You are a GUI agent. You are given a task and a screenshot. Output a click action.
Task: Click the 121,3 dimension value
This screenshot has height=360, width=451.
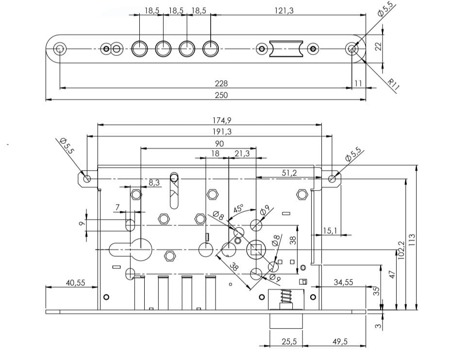[x=284, y=11]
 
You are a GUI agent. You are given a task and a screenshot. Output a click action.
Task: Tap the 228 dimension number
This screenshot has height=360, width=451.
[x=221, y=84]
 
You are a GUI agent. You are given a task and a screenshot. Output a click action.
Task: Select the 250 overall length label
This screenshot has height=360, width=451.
[x=221, y=95]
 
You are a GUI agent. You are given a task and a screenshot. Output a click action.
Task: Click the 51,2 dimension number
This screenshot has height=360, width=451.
[x=289, y=173]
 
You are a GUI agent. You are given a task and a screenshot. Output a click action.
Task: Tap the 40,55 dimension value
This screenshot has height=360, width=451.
[x=74, y=282]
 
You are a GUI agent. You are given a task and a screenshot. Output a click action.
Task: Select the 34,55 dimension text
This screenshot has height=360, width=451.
[x=343, y=282]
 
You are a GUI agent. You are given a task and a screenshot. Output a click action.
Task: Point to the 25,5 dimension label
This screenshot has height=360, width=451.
[x=289, y=342]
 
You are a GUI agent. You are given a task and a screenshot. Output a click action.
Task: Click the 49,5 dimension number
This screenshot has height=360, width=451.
[x=340, y=342]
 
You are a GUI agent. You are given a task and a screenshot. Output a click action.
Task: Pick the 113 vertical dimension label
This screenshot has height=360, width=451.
[x=412, y=240]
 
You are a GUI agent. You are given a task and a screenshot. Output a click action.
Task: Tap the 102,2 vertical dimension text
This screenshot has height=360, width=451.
[x=401, y=251]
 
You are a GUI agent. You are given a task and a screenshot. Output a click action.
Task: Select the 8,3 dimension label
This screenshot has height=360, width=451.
[x=154, y=182]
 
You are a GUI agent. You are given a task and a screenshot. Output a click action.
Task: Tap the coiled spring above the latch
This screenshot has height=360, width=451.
[x=286, y=297]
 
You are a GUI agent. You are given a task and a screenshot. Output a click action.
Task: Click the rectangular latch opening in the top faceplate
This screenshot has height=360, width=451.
[x=287, y=49]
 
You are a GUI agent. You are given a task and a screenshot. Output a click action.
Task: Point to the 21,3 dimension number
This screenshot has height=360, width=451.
[x=242, y=154]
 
